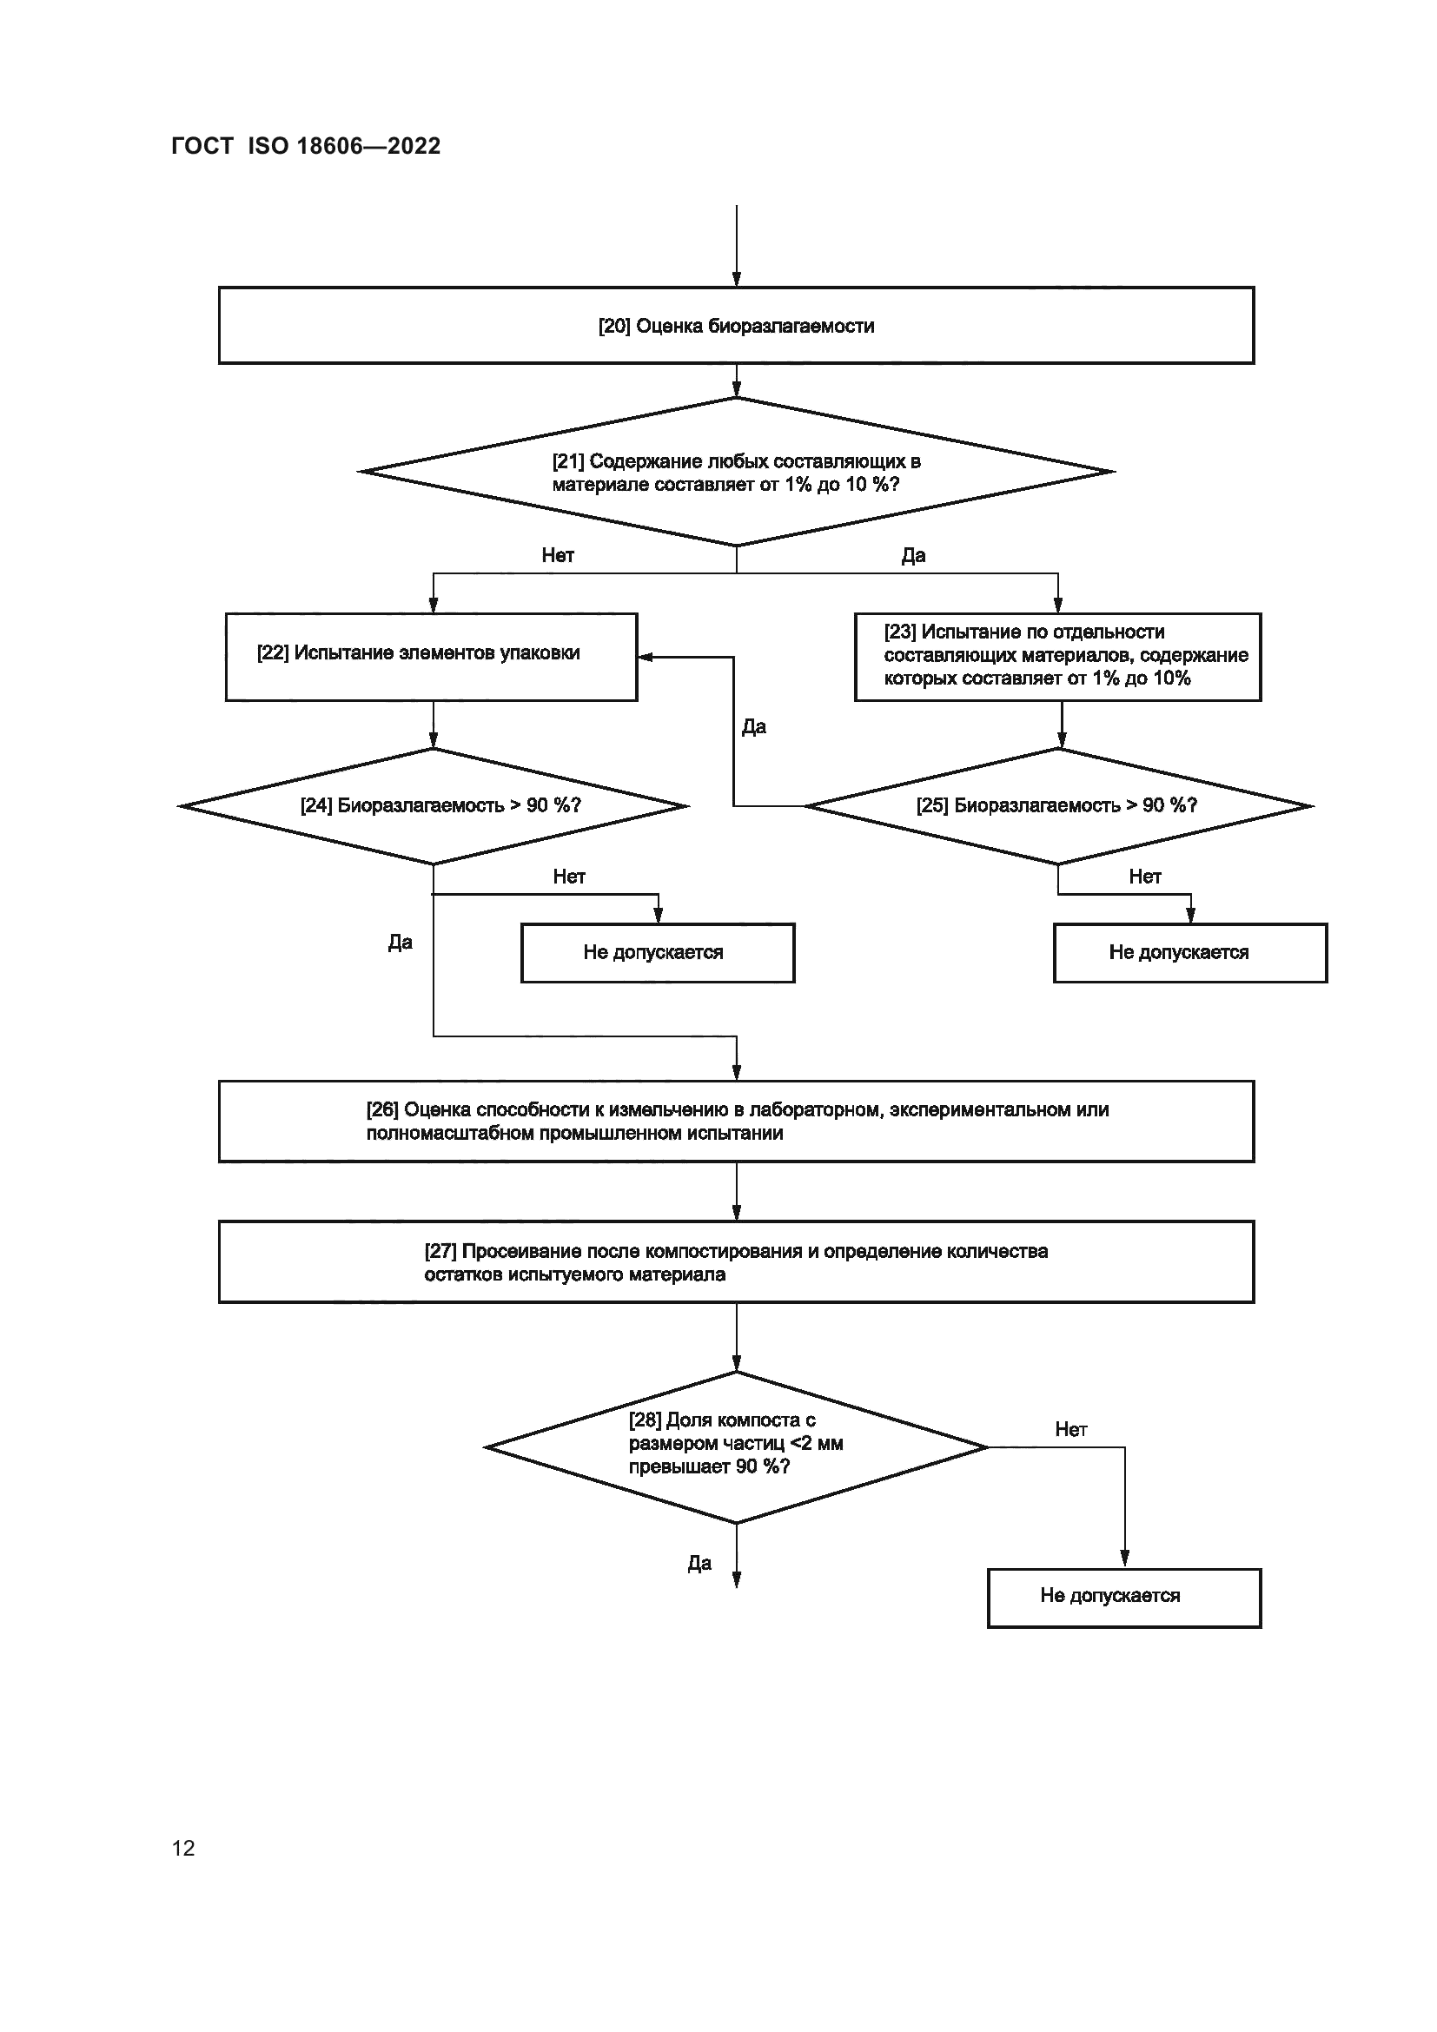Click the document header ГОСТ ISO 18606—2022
[x=305, y=146]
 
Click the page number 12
[x=183, y=1848]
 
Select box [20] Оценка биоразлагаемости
[x=735, y=326]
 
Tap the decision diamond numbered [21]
[x=735, y=472]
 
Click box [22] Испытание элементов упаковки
[x=431, y=657]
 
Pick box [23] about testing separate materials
[x=1056, y=657]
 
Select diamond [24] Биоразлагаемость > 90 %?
[x=434, y=805]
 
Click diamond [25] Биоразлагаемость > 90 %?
[x=1057, y=805]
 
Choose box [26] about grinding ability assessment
[x=735, y=1122]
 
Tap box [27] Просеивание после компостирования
[x=735, y=1262]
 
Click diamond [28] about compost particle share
[x=735, y=1447]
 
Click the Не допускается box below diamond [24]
[x=657, y=952]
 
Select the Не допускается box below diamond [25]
[x=1189, y=952]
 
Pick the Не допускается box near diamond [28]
[x=1122, y=1596]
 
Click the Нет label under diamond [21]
[x=558, y=556]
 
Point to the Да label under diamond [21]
[x=913, y=556]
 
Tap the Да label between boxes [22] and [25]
[x=754, y=727]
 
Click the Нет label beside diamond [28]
[x=1070, y=1429]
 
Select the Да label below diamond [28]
[x=699, y=1564]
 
